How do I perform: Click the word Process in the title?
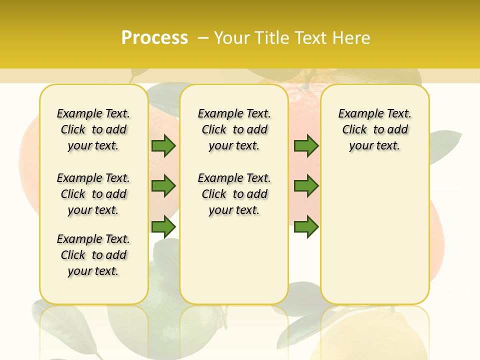(x=154, y=38)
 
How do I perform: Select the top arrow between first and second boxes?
(x=163, y=146)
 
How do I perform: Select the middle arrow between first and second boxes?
(x=163, y=186)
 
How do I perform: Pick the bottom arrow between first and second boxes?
(x=163, y=226)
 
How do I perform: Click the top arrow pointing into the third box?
(x=306, y=146)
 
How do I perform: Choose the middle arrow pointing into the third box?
(x=306, y=186)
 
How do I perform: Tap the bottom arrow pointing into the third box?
(x=306, y=226)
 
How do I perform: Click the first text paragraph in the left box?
(x=93, y=129)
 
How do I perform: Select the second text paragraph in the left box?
(x=93, y=194)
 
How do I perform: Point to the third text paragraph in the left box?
(x=93, y=255)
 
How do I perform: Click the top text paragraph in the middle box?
(x=234, y=129)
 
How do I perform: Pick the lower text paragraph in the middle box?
(x=234, y=194)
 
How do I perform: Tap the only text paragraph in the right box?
(x=374, y=129)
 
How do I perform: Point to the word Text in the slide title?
(x=312, y=38)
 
